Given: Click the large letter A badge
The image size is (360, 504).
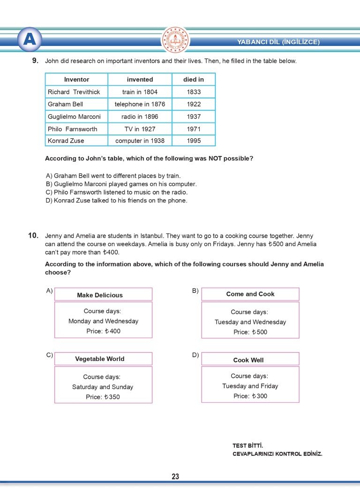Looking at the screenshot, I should pos(29,39).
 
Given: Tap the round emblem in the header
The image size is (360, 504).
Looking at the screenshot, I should pos(175,40).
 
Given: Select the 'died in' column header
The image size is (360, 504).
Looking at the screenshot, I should pos(193,79).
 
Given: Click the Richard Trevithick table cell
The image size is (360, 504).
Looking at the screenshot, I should pos(74,92).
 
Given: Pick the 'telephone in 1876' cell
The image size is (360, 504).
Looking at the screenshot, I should pos(140,104).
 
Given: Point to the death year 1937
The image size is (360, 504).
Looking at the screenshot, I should pos(194,116).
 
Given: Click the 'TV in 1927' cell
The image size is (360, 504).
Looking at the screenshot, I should pos(140,128).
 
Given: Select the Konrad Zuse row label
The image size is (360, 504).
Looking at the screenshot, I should pos(66,140).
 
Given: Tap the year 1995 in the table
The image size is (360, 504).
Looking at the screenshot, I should pos(194,140).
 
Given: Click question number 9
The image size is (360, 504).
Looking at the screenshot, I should pos(35,60).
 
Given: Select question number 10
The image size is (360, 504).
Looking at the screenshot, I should pos(33,235).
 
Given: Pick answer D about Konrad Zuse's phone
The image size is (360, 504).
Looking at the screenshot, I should pos(116,201).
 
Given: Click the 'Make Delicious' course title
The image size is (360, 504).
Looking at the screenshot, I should pos(100,295).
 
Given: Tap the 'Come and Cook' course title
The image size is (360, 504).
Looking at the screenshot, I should pos(250,294).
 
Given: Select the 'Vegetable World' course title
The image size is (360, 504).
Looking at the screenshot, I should pos(100,359).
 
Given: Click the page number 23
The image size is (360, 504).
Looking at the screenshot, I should pos(175,477).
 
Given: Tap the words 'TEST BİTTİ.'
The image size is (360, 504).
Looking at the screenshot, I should pos(248,445).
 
